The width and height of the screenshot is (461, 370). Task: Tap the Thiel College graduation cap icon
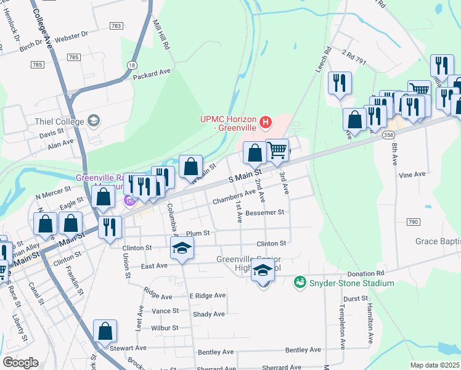click(94, 120)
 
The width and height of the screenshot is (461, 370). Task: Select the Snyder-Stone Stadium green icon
click(300, 282)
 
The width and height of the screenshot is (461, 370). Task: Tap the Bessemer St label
click(264, 212)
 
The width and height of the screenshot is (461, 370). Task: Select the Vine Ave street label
click(412, 175)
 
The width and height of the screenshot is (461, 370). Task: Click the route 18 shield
click(132, 65)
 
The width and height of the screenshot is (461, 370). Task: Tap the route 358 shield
click(388, 134)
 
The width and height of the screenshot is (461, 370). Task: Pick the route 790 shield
click(413, 221)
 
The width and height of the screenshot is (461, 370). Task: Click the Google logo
click(20, 363)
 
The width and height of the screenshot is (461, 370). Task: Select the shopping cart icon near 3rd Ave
click(277, 150)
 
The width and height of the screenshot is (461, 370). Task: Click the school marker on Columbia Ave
click(182, 249)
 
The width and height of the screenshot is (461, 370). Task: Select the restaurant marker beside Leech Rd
click(340, 83)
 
